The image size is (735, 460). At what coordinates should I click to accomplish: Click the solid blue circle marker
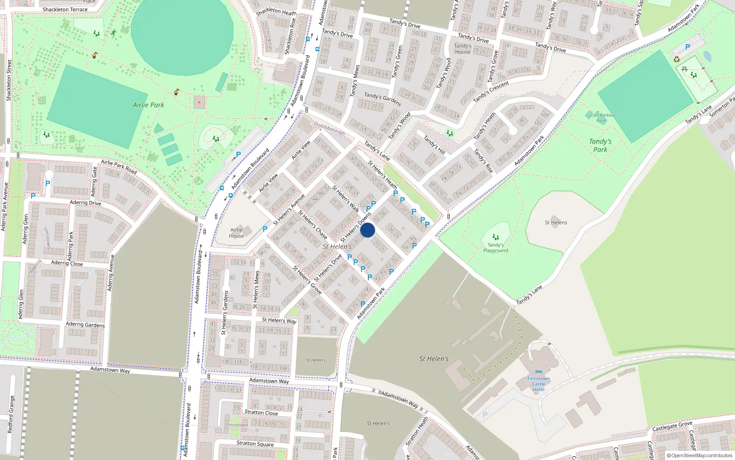tap(367, 230)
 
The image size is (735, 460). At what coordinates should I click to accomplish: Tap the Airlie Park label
tap(148, 105)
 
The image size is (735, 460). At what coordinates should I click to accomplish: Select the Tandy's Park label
tap(600, 145)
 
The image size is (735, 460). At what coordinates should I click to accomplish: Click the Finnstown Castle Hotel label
tap(538, 384)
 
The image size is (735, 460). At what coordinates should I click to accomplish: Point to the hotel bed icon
tap(538, 372)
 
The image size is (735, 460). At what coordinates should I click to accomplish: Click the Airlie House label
tap(236, 233)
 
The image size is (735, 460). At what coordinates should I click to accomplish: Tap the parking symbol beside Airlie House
tap(265, 229)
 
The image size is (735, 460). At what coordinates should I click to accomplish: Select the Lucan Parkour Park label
tap(601, 118)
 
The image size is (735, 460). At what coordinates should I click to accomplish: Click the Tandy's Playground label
tap(495, 248)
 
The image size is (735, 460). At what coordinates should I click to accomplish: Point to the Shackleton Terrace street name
tap(65, 9)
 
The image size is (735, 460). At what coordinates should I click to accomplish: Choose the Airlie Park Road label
tap(119, 167)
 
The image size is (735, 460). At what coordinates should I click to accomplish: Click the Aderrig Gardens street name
tap(85, 324)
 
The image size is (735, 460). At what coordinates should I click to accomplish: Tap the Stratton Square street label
tap(255, 443)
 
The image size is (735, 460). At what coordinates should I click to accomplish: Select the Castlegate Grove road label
tap(672, 426)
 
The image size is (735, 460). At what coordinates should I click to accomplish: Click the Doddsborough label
tap(329, 128)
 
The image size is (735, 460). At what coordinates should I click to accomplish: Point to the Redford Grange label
tap(11, 414)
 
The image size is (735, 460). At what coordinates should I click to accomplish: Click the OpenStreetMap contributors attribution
tap(699, 456)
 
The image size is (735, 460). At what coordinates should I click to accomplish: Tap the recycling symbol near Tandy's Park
tap(676, 59)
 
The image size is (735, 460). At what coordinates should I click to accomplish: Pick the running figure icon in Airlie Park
tap(113, 33)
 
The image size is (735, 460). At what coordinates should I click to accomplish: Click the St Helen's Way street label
tap(279, 320)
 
